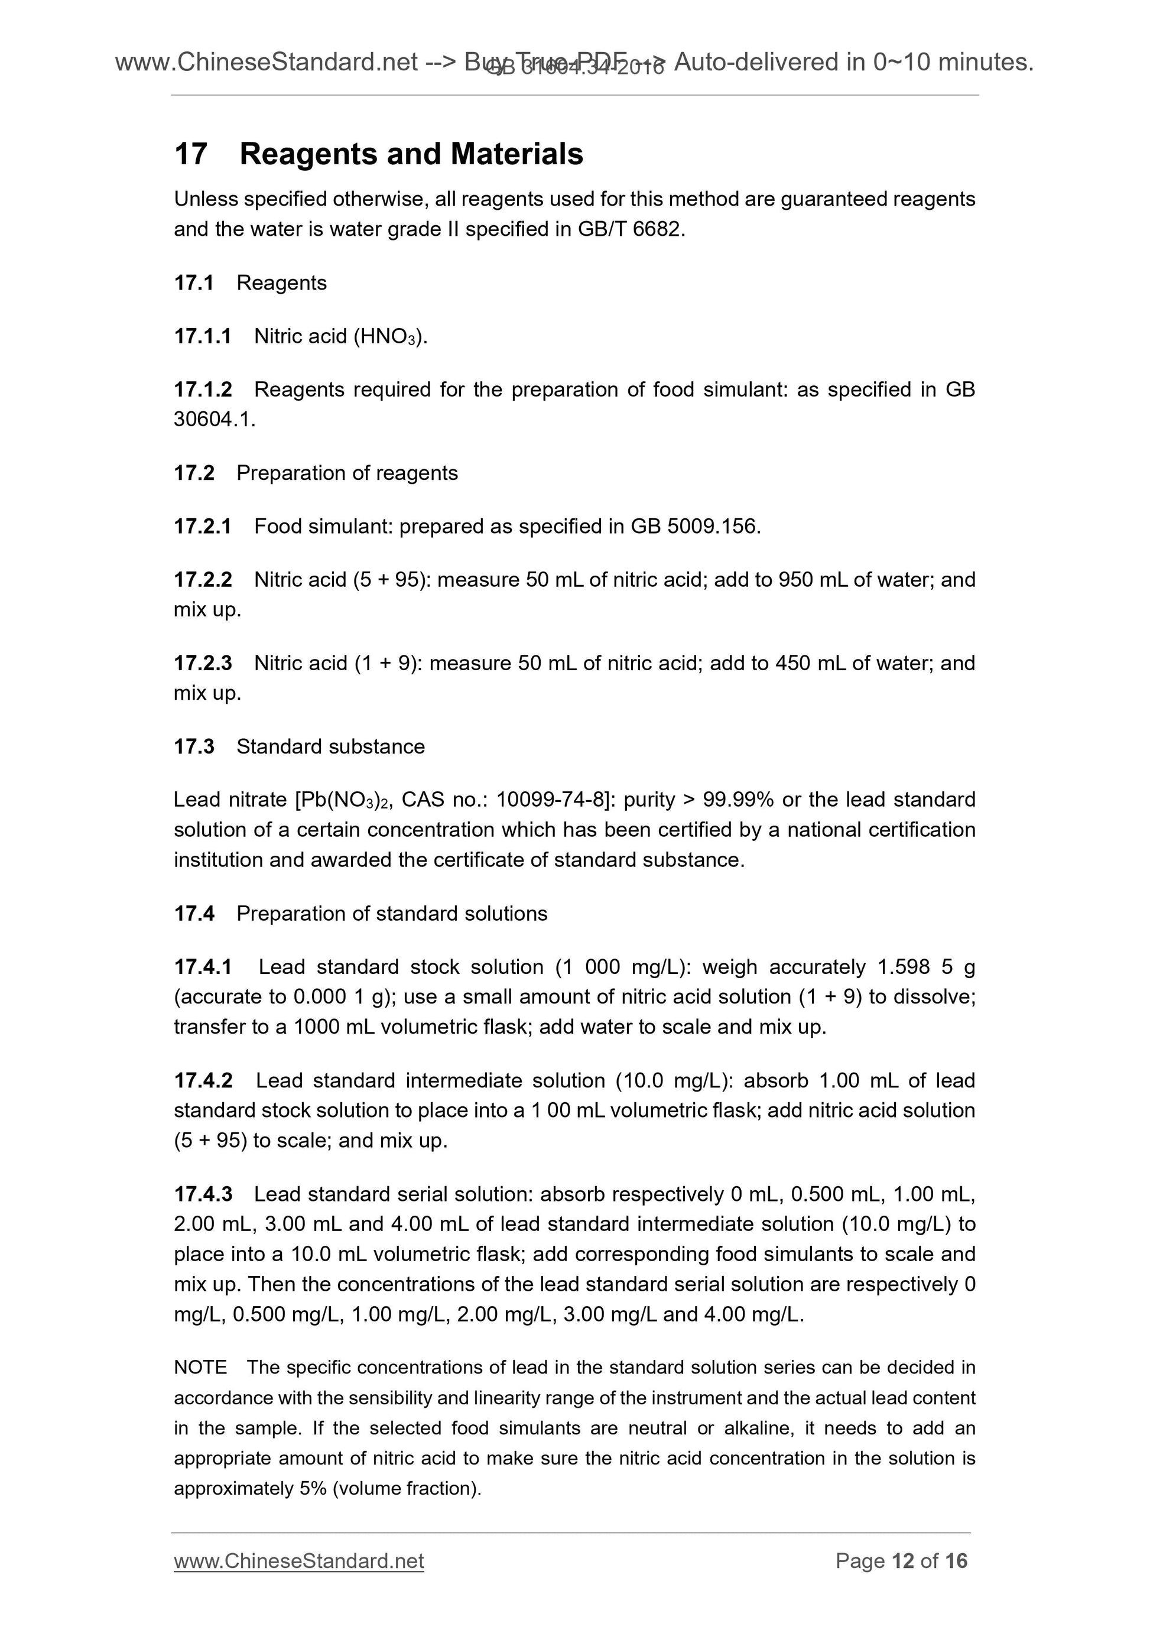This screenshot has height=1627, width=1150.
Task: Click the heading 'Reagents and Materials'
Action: [x=411, y=154]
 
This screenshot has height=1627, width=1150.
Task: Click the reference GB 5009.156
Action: [x=694, y=527]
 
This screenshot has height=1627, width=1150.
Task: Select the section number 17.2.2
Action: [x=203, y=580]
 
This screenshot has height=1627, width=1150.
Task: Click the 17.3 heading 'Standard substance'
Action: [x=330, y=746]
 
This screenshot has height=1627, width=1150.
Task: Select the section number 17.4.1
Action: [x=203, y=966]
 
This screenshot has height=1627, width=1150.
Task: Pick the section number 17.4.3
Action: [x=203, y=1194]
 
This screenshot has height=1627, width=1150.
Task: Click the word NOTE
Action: [x=200, y=1368]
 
